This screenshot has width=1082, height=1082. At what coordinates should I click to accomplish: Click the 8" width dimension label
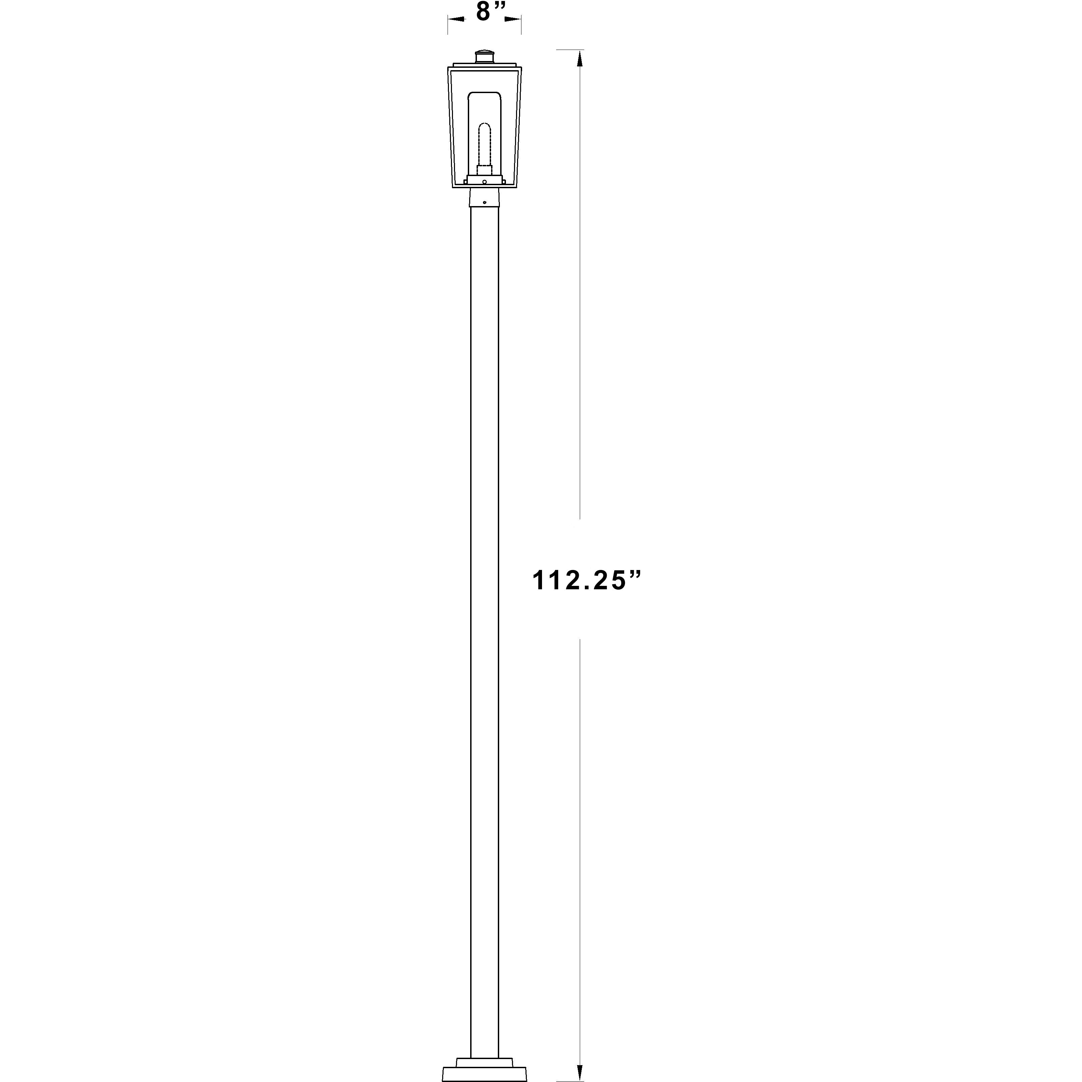click(x=491, y=12)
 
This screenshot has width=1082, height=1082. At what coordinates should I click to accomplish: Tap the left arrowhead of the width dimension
click(x=456, y=20)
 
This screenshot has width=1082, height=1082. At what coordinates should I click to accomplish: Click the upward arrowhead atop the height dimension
click(x=580, y=58)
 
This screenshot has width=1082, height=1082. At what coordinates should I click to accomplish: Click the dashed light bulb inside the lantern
click(x=484, y=143)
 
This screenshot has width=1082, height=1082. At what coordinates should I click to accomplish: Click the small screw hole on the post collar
click(x=484, y=202)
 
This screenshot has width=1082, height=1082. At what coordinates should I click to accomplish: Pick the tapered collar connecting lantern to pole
click(x=484, y=197)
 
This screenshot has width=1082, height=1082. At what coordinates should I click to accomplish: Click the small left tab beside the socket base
click(x=465, y=181)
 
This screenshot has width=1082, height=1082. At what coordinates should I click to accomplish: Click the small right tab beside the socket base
click(x=504, y=181)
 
